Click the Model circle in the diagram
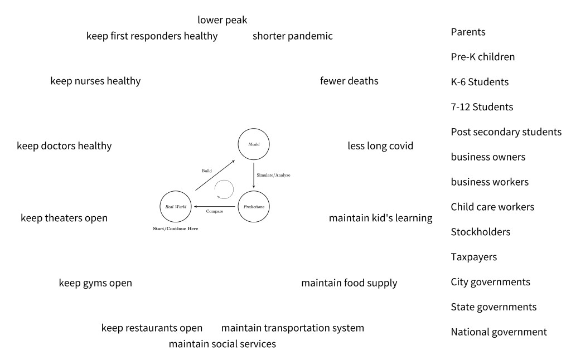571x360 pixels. pyautogui.click(x=254, y=144)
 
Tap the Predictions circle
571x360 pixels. pyautogui.click(x=254, y=207)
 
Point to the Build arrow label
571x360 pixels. pyautogui.click(x=206, y=171)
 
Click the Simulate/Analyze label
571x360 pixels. pyautogui.click(x=273, y=175)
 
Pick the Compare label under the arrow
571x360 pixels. pyautogui.click(x=215, y=212)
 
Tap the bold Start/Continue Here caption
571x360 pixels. pyautogui.click(x=175, y=229)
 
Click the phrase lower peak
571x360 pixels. pyautogui.click(x=222, y=20)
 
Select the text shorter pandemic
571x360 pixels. pyautogui.click(x=292, y=36)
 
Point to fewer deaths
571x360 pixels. pyautogui.click(x=349, y=81)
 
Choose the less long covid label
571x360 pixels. pyautogui.click(x=380, y=146)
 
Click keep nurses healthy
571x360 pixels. pyautogui.click(x=95, y=81)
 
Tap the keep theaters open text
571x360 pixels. pyautogui.click(x=64, y=218)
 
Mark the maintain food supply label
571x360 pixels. pyautogui.click(x=349, y=283)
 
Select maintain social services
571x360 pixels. pyautogui.click(x=222, y=344)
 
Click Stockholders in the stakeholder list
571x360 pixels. pyautogui.click(x=480, y=232)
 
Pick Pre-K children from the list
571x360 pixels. pyautogui.click(x=482, y=57)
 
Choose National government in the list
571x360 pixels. pyautogui.click(x=499, y=332)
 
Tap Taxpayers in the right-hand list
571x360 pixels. pyautogui.click(x=473, y=257)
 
